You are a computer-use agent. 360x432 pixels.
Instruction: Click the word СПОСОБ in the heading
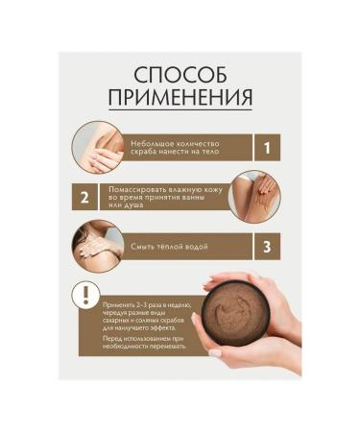pos(180,75)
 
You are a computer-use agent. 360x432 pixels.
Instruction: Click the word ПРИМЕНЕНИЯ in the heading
pos(180,98)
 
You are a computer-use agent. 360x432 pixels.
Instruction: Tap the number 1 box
pos(268,146)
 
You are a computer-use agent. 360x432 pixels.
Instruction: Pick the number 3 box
pos(268,246)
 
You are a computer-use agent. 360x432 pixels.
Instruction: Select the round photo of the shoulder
pos(100,246)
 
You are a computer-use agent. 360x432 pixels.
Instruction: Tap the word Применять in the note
pos(120,301)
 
